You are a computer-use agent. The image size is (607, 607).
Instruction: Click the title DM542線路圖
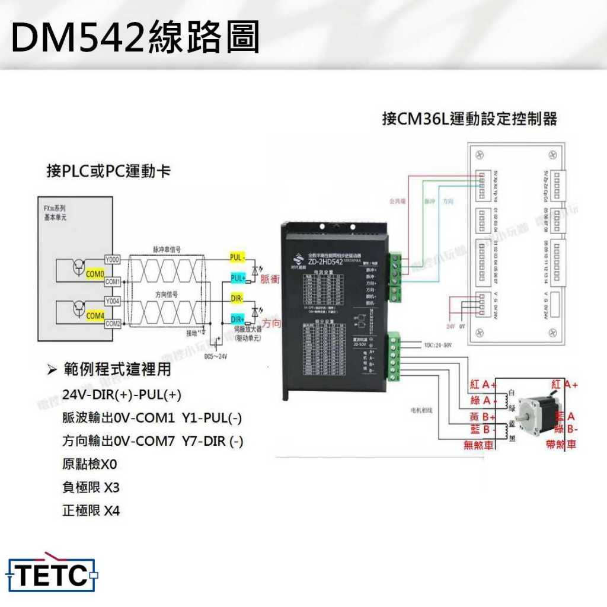coord(135,37)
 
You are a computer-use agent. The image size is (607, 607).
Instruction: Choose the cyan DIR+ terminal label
coord(238,318)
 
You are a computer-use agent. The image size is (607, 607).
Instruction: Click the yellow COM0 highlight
coord(95,274)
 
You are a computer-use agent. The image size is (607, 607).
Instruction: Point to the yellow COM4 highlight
coord(95,316)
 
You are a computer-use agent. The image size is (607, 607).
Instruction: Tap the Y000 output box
coord(113,260)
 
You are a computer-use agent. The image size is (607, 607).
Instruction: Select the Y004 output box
coord(113,301)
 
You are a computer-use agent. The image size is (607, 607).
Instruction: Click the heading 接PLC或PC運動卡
coord(108,172)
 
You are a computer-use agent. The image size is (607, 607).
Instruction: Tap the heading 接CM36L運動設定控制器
coord(469,119)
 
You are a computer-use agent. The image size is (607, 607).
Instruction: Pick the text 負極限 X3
coord(91,487)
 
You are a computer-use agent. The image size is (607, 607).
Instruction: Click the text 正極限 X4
coord(91,510)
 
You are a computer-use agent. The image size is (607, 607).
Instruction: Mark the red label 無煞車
coord(478,445)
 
